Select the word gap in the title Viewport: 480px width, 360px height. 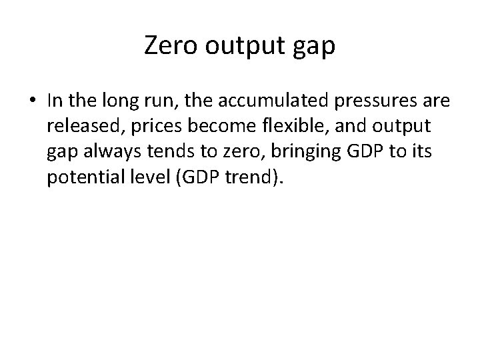point(313,47)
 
